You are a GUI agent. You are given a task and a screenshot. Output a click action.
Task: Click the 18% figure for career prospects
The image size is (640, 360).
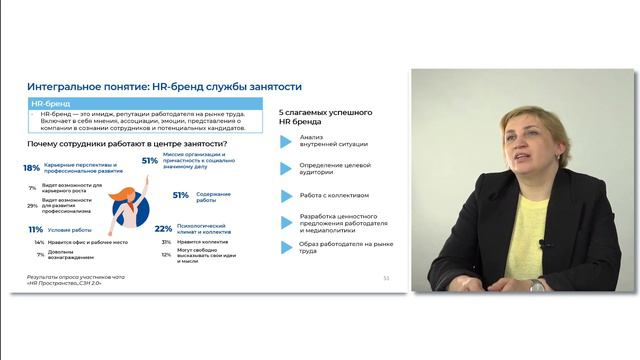coord(31,168)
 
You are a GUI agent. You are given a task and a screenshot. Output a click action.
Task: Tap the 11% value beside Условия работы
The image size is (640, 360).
coord(32,229)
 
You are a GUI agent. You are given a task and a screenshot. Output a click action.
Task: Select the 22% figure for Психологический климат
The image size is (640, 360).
coord(164,229)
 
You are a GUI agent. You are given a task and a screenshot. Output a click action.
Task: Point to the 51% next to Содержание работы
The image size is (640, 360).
coord(181,195)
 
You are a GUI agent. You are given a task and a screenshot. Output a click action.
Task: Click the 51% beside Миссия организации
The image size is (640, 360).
coord(150,160)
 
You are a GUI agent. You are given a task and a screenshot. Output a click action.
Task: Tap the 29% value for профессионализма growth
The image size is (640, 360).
coord(33,205)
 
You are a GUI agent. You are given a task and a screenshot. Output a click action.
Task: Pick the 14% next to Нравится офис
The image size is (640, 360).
coord(39,242)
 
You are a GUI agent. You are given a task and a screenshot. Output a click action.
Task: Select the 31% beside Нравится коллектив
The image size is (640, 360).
coord(166,241)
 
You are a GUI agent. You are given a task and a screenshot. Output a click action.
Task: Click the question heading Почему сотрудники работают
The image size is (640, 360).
coord(120,146)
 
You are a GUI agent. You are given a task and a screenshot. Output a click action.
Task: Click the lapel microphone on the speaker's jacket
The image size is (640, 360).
coord(542,243)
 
